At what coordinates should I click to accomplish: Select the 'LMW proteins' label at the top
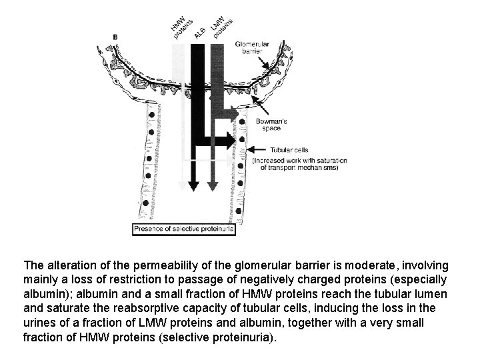[x=221, y=25]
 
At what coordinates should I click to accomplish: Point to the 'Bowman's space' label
[x=271, y=125]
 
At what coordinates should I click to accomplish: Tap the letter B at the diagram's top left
[x=117, y=36]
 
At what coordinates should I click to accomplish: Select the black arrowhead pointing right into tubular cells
[x=231, y=139]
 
